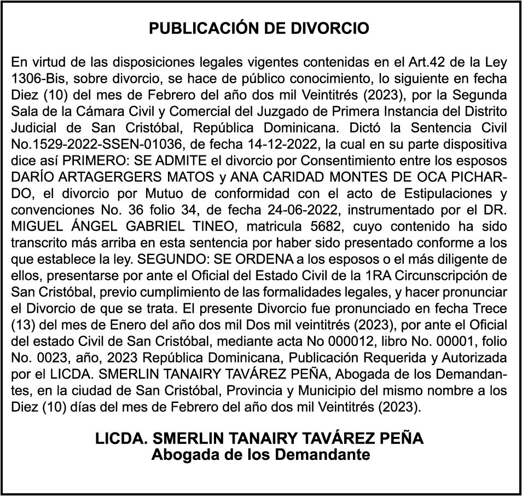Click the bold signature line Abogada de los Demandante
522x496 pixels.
point(260,454)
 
